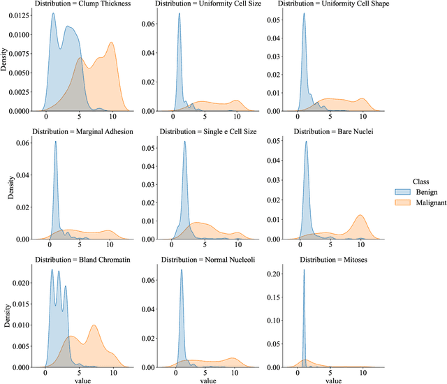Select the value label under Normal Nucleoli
207,380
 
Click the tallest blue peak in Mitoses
304,270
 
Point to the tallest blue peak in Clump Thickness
54,14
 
